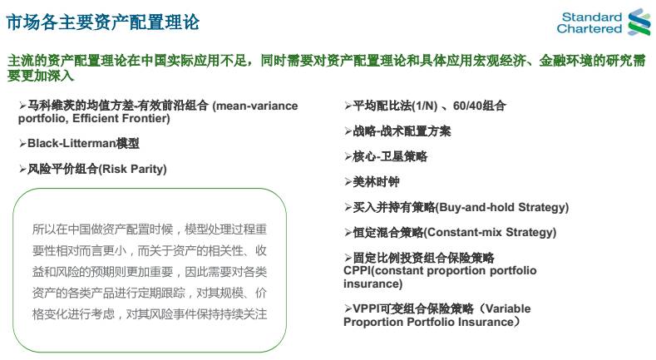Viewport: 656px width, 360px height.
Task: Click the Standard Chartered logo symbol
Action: coord(639,22)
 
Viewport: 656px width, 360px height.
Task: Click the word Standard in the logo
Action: coord(592,17)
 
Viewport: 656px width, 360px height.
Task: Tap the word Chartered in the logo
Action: coord(589,29)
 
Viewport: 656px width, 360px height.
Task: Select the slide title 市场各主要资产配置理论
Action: coord(103,22)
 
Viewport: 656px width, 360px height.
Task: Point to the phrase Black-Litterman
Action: coord(72,143)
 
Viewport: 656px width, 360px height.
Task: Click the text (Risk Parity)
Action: coord(132,169)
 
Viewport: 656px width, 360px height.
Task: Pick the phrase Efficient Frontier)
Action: coord(121,118)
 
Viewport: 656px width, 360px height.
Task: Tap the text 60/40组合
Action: coord(480,106)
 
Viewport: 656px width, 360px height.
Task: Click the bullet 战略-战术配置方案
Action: coord(398,131)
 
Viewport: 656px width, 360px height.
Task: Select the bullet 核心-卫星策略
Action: coord(386,157)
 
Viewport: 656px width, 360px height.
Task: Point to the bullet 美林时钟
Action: coord(372,182)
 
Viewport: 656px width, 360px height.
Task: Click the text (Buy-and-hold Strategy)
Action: coord(502,207)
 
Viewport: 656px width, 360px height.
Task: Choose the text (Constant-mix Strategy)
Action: coord(490,233)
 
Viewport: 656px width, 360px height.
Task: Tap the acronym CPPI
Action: coord(358,270)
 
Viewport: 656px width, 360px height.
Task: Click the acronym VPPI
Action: coord(365,309)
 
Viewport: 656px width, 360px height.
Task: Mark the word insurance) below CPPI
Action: coord(372,284)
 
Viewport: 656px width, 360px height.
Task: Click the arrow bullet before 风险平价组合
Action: coord(22,170)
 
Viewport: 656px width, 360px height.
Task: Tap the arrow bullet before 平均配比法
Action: coord(348,106)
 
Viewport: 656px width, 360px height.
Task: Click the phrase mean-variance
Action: coord(254,106)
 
